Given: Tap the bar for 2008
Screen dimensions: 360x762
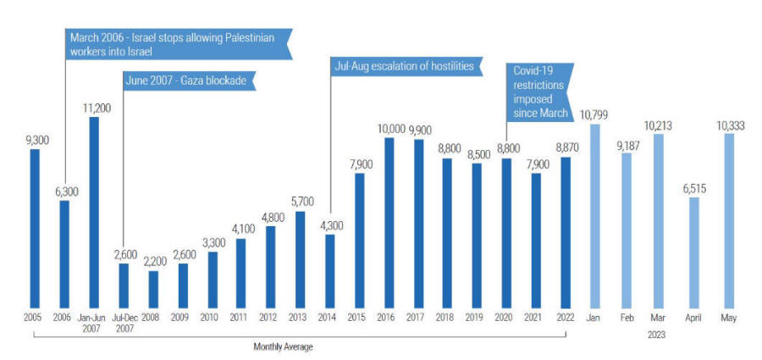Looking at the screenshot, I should coord(153,288).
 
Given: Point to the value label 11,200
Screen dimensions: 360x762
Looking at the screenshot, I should coord(94,108).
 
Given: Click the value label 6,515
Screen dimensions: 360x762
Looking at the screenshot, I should coord(694,188).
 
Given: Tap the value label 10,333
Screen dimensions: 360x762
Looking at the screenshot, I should coord(729,125).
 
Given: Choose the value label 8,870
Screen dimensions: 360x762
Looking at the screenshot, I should coord(566,147).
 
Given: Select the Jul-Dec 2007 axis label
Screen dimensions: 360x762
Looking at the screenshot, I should coord(124,323).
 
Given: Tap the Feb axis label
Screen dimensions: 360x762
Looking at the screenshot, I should coord(627,318).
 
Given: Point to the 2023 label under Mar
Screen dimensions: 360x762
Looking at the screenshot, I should coord(658,334).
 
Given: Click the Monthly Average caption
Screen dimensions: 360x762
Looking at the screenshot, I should coord(283,346).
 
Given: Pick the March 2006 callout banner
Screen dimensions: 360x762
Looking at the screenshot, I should coord(178,43).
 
